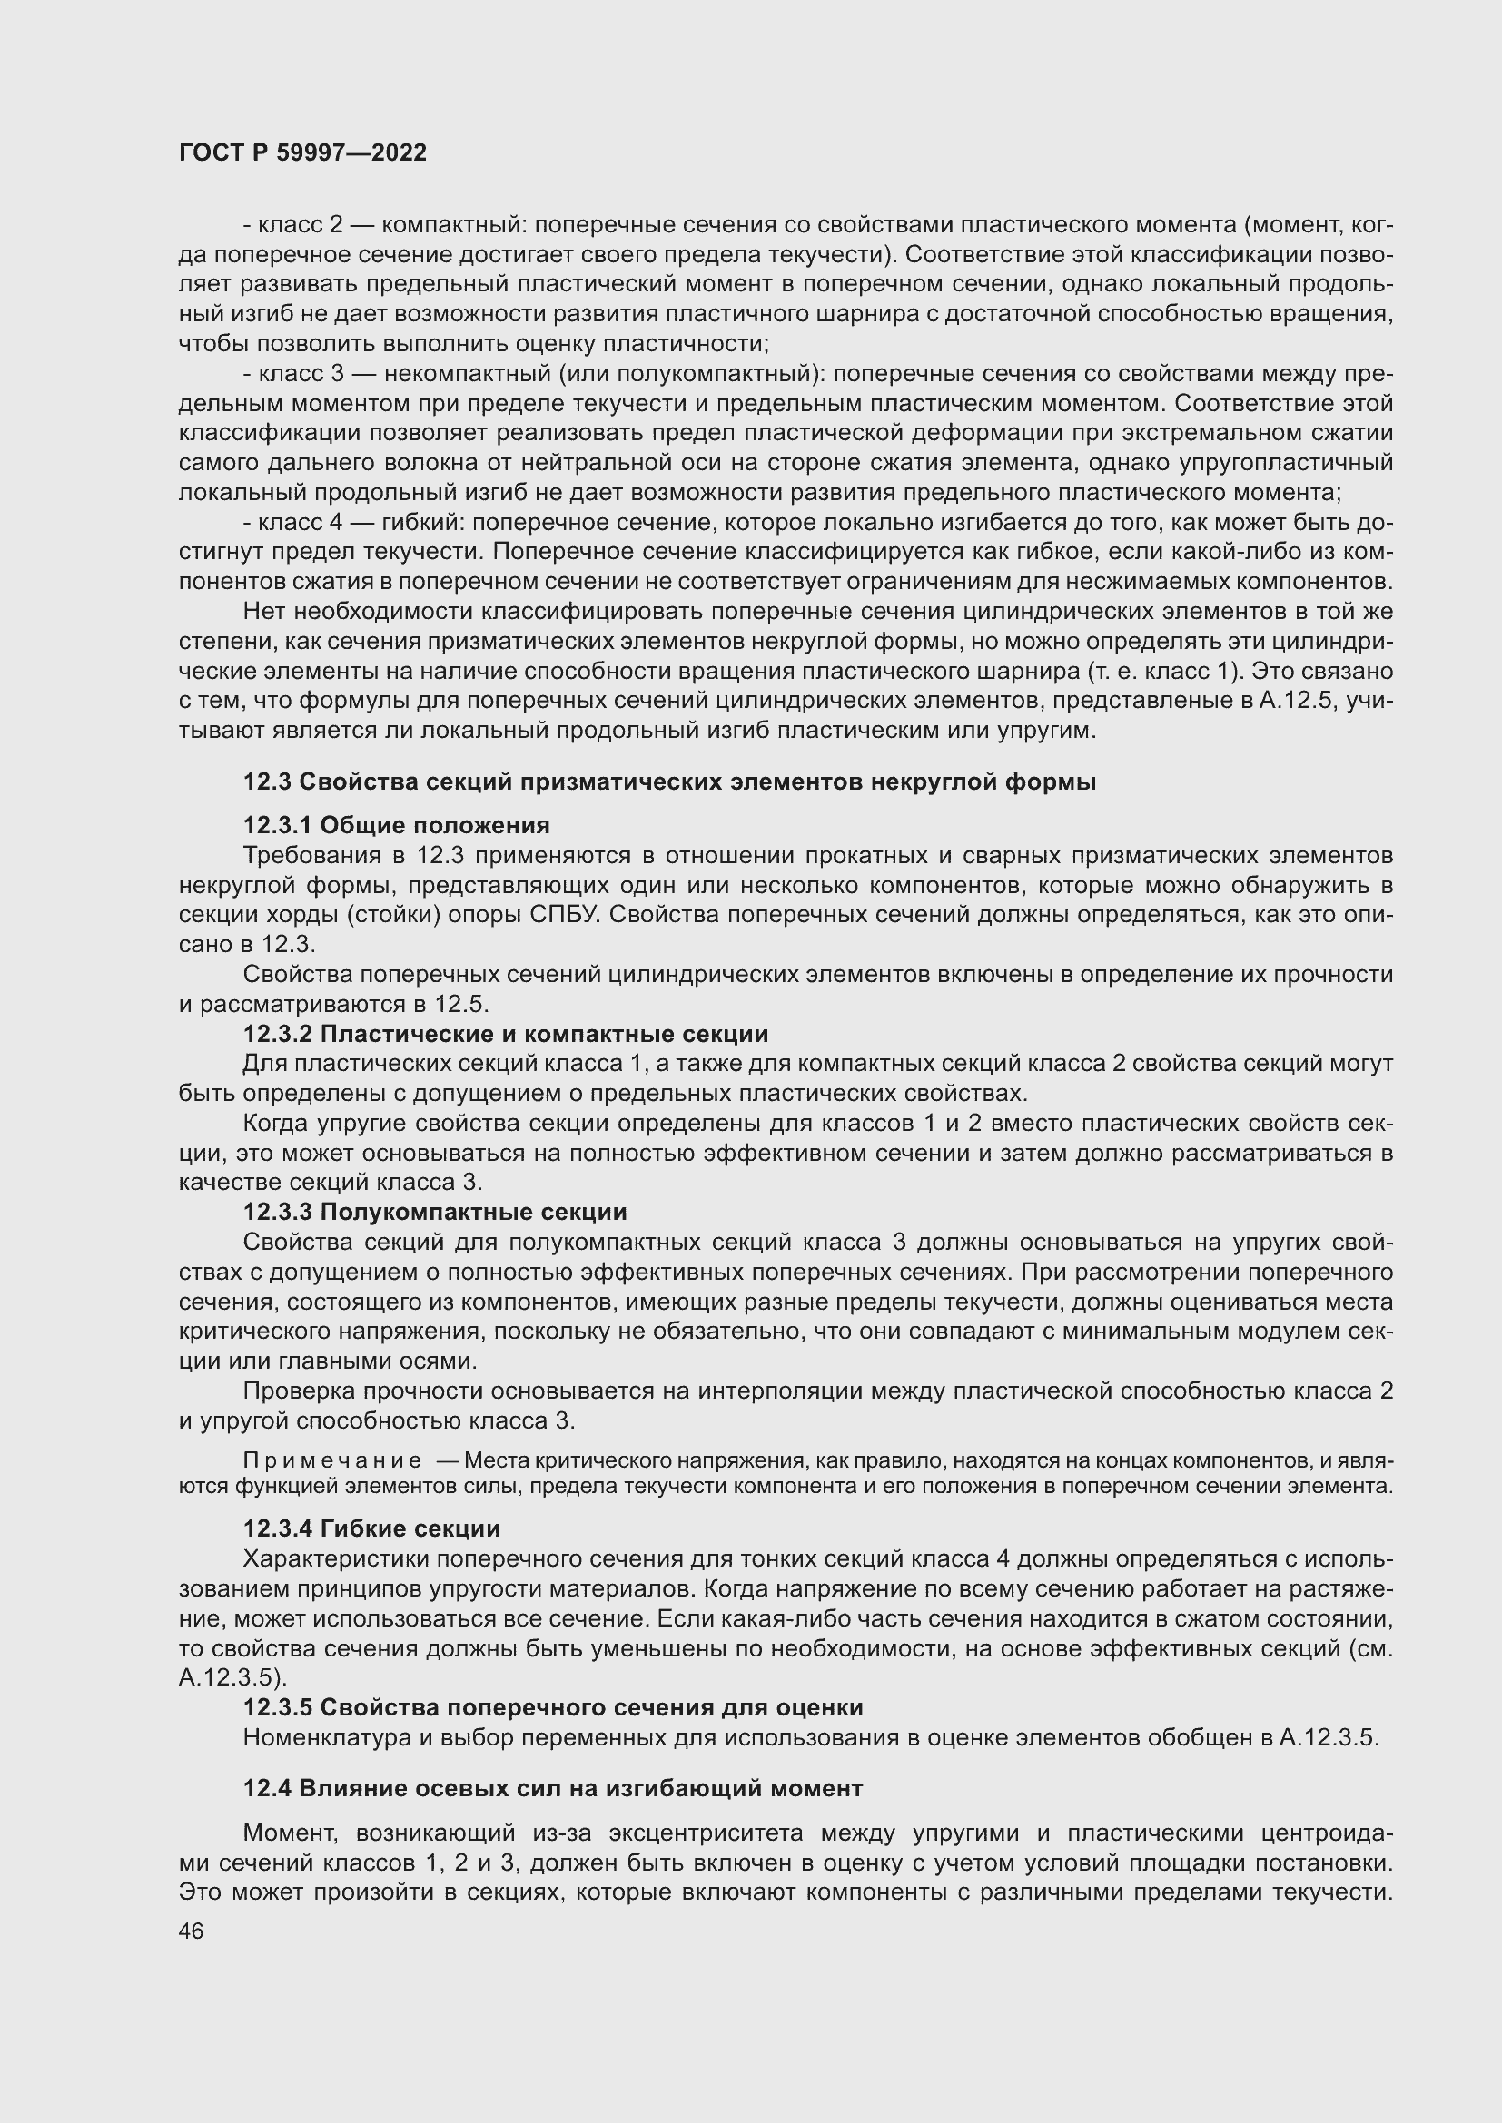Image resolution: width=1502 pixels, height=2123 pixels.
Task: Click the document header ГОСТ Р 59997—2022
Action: click(x=302, y=152)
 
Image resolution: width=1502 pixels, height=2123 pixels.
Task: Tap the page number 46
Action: click(x=192, y=1931)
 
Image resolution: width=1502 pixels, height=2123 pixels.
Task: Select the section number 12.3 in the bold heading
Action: click(x=267, y=781)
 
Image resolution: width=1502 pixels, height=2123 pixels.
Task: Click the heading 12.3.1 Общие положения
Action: click(x=396, y=825)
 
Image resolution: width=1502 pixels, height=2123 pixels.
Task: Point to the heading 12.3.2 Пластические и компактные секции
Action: click(x=505, y=1034)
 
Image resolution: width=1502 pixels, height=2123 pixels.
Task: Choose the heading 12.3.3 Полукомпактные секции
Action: click(x=435, y=1212)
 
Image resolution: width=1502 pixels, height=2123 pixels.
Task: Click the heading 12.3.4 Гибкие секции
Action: click(x=371, y=1528)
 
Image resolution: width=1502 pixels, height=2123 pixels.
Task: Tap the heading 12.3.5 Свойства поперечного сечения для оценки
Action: click(x=552, y=1707)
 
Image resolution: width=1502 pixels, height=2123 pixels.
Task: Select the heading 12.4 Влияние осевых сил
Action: click(x=552, y=1788)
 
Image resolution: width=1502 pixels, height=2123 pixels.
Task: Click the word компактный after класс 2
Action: click(x=453, y=225)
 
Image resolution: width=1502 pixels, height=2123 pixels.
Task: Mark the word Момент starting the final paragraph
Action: click(x=288, y=1833)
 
